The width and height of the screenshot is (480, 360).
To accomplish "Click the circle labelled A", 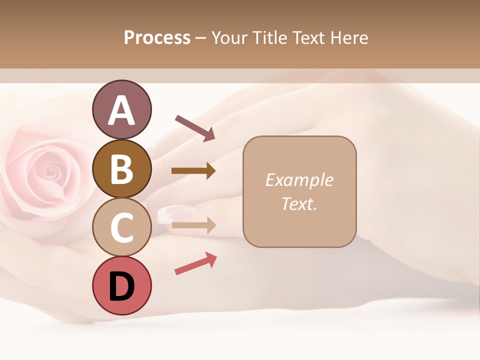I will (121, 109).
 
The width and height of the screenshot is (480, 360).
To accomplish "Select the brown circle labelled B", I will (121, 168).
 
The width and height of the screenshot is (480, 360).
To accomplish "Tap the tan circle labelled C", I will (121, 227).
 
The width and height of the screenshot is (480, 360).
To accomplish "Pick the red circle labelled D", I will (121, 285).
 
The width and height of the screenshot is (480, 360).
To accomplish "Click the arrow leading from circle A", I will (195, 127).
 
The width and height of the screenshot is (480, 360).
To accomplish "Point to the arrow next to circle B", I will (193, 171).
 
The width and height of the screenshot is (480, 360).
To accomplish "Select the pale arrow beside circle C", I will (193, 225).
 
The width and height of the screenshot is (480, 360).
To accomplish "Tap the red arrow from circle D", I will (195, 263).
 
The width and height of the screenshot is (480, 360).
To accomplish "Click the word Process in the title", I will (157, 38).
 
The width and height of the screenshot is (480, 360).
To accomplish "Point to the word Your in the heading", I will (229, 38).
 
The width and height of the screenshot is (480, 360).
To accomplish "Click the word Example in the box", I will (299, 180).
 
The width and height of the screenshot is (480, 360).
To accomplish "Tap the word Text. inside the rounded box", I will (299, 203).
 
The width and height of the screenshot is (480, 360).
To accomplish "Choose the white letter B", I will (121, 169).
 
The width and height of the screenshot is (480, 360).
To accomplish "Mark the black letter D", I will (121, 286).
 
